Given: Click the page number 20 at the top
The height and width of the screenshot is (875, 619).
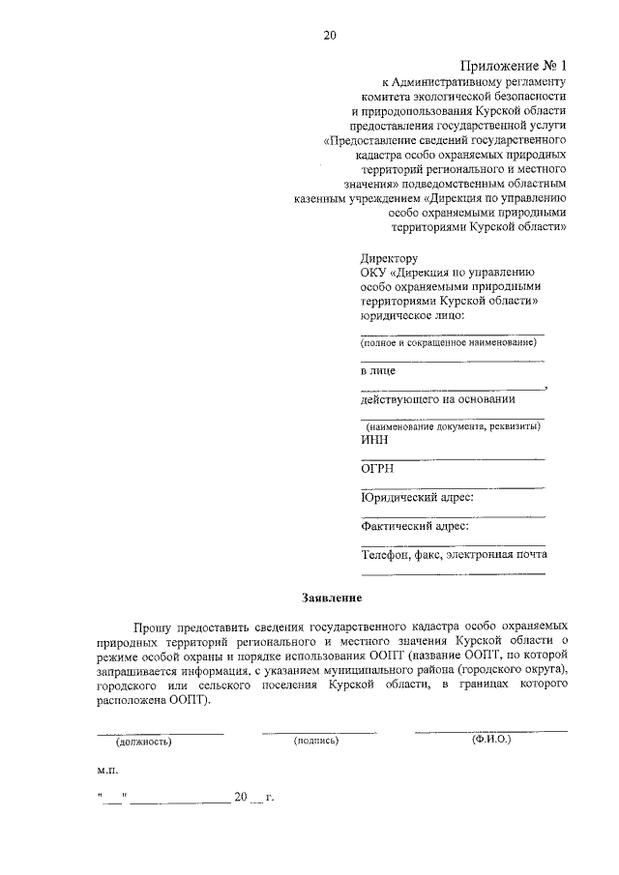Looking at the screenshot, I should [x=330, y=37].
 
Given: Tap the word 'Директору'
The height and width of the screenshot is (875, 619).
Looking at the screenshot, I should [x=389, y=259].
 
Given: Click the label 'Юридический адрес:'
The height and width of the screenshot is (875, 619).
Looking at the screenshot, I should [x=417, y=497].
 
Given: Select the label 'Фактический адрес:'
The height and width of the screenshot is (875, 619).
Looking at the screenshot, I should [x=415, y=526].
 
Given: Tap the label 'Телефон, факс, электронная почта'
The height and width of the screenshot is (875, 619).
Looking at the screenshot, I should [x=454, y=554].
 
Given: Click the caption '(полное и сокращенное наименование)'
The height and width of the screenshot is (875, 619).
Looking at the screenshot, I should [x=448, y=343].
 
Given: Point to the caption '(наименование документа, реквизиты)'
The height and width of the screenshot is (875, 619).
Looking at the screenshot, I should [x=451, y=426].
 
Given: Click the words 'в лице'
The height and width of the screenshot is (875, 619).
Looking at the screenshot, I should [x=378, y=371].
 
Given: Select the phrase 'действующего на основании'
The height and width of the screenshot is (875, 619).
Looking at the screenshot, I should [x=437, y=398].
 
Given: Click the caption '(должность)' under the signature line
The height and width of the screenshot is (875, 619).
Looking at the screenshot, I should [x=143, y=742].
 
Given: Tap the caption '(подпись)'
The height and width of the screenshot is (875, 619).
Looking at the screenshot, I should [x=316, y=742].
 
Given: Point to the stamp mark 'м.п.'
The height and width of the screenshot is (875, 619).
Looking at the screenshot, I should [x=106, y=772].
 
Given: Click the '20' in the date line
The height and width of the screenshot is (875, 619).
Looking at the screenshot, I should [x=240, y=799].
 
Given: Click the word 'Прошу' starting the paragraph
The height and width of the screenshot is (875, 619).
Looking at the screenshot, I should [x=154, y=626].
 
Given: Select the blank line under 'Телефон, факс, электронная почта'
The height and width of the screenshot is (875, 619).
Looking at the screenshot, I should [x=452, y=572].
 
